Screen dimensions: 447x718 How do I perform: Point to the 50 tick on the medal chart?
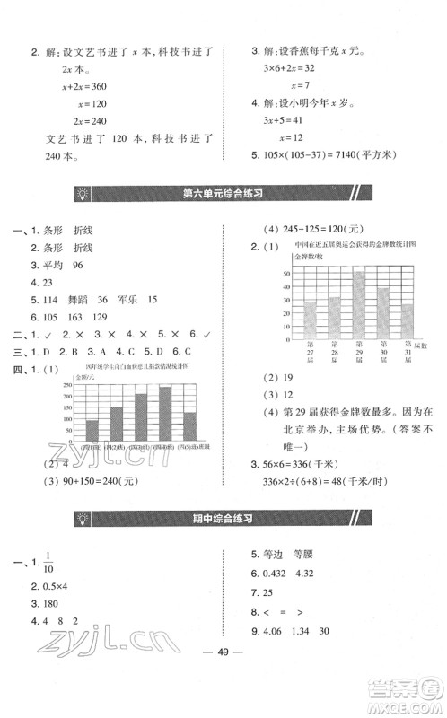(286, 272)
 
